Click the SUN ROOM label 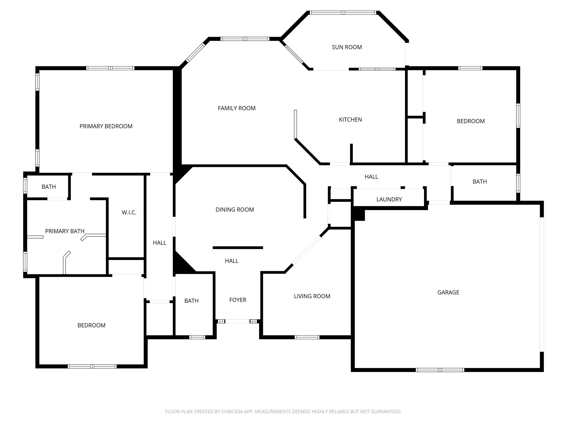click(347, 47)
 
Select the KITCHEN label click(350, 120)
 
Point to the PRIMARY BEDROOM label click(106, 126)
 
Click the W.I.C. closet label click(129, 213)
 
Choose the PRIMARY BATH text click(65, 231)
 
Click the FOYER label click(238, 300)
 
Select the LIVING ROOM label click(312, 296)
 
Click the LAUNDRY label click(389, 200)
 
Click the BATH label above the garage click(479, 182)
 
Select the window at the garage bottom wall click(440, 370)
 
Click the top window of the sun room click(343, 13)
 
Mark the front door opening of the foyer click(237, 321)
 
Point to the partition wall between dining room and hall click(238, 248)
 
